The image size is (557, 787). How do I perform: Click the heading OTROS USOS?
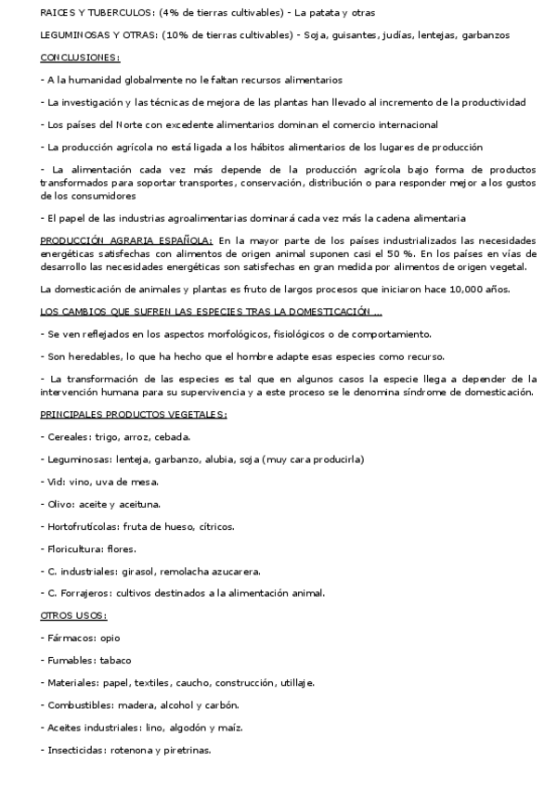74,615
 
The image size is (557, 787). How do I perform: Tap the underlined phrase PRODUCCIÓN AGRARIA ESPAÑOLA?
127,240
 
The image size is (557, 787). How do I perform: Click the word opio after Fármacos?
108,638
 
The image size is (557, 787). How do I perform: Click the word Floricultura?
73,548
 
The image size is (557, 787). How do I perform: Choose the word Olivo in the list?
58,504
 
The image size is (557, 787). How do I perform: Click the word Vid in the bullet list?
54,482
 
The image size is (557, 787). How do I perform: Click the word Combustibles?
79,704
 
